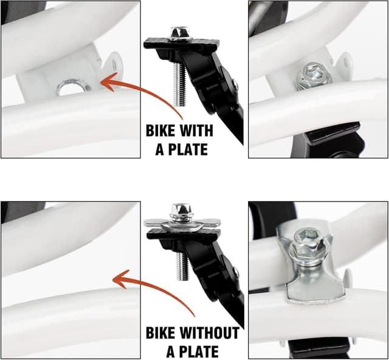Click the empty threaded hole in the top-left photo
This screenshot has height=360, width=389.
[74, 87]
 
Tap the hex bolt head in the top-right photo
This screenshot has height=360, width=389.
[314, 75]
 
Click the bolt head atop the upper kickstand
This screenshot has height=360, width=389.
[181, 33]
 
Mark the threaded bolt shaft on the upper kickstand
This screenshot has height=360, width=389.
[179, 84]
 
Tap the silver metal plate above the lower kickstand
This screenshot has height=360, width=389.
[182, 225]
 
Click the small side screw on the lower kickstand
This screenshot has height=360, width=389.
[236, 273]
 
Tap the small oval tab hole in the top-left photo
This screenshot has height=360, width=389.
[114, 65]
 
